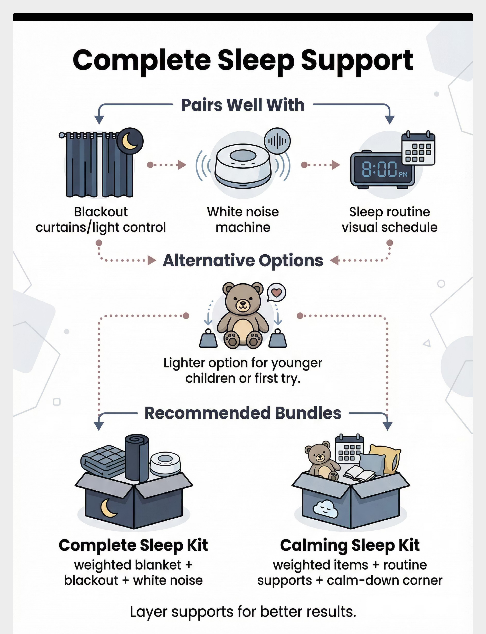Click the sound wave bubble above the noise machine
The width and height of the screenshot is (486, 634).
pos(277,141)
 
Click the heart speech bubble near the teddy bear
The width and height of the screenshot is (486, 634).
pos(276,292)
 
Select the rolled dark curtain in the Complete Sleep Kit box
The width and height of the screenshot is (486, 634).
pos(137,457)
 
